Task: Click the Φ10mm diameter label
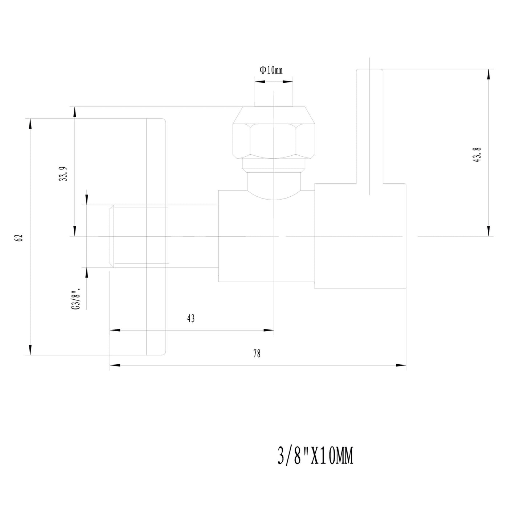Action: pos(271,70)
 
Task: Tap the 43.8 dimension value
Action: pos(478,155)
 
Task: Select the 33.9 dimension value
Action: pos(63,174)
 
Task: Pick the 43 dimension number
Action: pos(191,319)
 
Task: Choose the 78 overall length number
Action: pos(257,353)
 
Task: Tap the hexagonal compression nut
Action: pos(274,132)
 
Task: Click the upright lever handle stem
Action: pos(370,126)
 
